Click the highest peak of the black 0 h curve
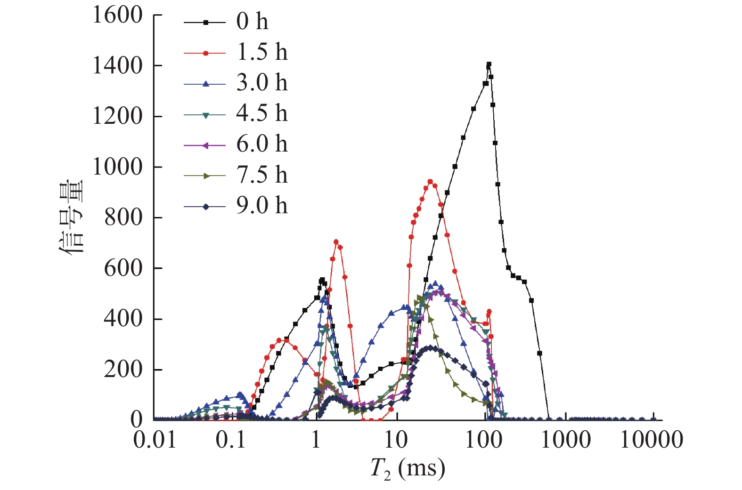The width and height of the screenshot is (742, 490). click(x=489, y=64)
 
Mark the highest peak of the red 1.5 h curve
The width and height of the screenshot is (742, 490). click(x=430, y=181)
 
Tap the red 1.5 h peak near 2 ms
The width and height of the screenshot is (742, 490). click(x=336, y=241)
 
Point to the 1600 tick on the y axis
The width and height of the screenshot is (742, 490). click(x=117, y=16)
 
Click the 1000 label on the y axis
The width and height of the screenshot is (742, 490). click(x=117, y=167)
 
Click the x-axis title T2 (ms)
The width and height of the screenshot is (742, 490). click(x=408, y=468)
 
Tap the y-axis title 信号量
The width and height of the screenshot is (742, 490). click(x=72, y=217)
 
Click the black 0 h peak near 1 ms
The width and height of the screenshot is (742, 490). click(x=322, y=280)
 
